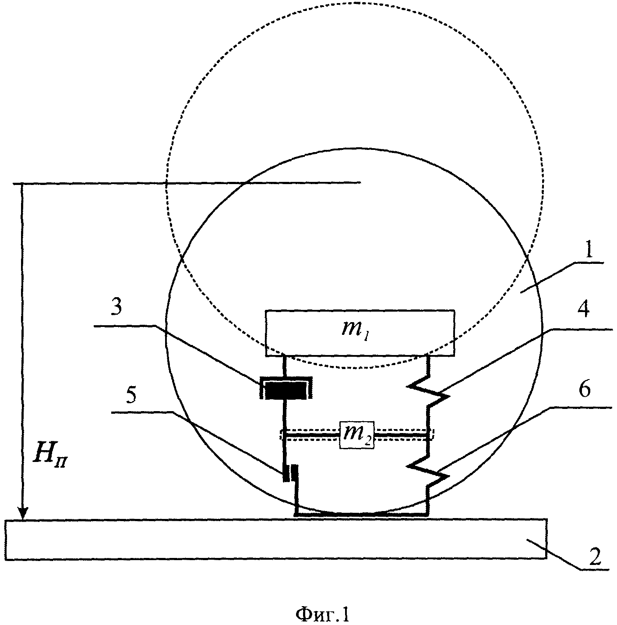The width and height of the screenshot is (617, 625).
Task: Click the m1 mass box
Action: tap(360, 333)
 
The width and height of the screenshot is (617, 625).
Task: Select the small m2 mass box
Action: tap(357, 435)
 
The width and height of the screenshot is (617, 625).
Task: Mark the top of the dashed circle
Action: tap(355, 3)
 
